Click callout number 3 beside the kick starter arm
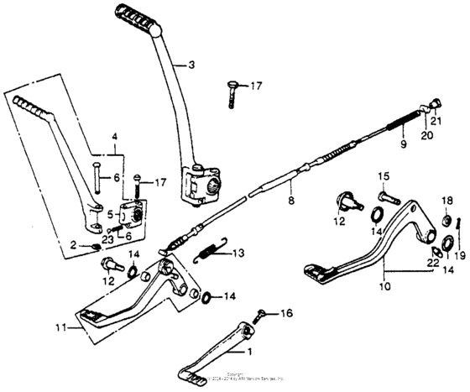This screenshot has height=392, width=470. tap(191, 65)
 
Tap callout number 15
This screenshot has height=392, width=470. tap(382, 175)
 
